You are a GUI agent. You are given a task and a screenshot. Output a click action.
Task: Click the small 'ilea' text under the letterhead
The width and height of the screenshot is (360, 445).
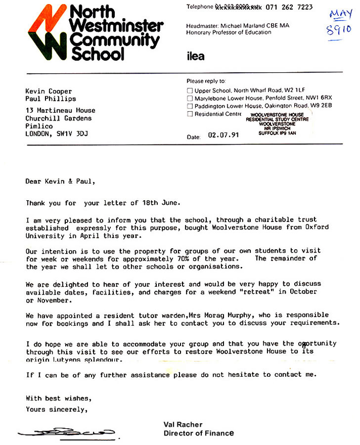pyautogui.click(x=195, y=56)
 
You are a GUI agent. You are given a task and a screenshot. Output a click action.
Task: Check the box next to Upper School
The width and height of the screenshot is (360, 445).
pyautogui.click(x=189, y=91)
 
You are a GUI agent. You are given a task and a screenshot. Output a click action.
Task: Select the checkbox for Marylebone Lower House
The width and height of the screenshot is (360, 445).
pyautogui.click(x=189, y=98)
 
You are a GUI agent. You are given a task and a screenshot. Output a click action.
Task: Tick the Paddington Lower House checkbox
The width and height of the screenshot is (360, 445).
pyautogui.click(x=189, y=106)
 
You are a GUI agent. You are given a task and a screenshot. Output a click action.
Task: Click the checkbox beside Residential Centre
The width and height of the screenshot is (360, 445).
pyautogui.click(x=189, y=114)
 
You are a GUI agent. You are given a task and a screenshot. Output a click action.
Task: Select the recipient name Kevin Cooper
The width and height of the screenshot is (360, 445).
pyautogui.click(x=48, y=91)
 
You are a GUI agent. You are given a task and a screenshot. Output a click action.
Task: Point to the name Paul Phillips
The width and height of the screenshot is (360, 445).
pyautogui.click(x=50, y=98)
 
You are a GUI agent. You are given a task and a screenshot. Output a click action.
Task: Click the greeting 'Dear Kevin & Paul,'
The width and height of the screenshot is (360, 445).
pyautogui.click(x=60, y=181)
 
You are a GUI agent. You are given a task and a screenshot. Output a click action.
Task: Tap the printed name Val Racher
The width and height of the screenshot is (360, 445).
pyautogui.click(x=182, y=425)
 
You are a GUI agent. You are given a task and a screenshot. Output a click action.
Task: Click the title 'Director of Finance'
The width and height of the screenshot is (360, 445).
pyautogui.click(x=198, y=433)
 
